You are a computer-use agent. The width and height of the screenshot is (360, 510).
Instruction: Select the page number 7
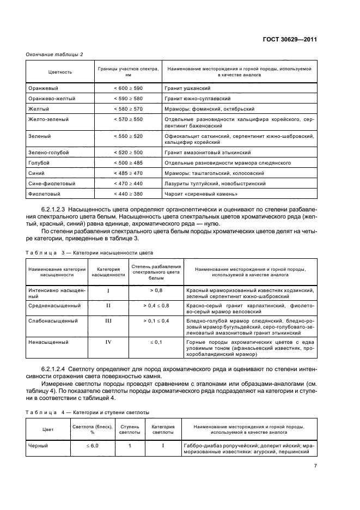click(x=315, y=466)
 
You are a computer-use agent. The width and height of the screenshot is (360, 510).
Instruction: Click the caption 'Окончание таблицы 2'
click(x=55, y=53)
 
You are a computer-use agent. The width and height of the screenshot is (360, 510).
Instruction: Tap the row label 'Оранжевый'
click(x=43, y=88)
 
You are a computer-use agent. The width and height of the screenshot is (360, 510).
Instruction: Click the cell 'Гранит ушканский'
click(x=187, y=88)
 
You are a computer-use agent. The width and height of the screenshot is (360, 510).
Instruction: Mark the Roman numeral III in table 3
click(x=108, y=321)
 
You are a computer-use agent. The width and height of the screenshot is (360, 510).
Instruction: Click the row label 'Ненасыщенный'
click(x=48, y=342)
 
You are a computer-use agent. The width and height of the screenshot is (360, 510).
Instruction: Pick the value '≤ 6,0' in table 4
click(x=92, y=446)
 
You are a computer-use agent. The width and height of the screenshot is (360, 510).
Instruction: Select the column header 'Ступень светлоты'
click(x=130, y=429)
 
